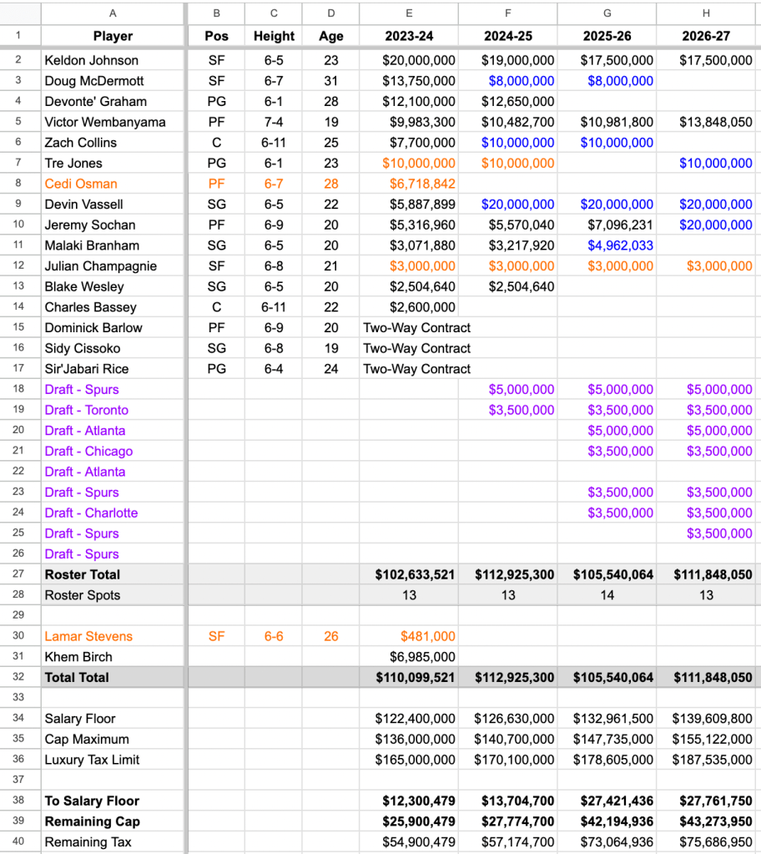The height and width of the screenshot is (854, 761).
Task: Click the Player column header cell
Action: click(x=113, y=36)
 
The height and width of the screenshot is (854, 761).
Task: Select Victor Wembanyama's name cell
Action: click(x=105, y=122)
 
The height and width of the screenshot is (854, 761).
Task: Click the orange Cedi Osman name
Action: click(x=81, y=184)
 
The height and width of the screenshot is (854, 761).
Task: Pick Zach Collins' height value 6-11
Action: click(x=274, y=143)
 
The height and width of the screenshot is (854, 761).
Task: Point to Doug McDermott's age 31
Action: click(x=331, y=81)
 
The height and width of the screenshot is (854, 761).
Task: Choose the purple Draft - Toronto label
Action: click(x=87, y=410)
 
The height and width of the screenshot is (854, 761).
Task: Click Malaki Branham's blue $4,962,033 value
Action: click(x=620, y=245)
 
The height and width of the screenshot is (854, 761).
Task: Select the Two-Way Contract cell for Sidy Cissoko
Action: click(x=416, y=348)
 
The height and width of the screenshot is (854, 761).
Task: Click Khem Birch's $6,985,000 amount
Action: click(x=423, y=657)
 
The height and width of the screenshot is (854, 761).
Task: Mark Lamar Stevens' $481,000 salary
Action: click(x=428, y=636)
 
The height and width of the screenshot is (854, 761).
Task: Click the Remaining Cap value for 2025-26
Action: click(x=613, y=821)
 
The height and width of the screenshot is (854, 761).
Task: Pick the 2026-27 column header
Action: click(x=706, y=36)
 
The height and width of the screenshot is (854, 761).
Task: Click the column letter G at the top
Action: click(x=607, y=13)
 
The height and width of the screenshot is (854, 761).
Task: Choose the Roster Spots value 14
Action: click(x=607, y=595)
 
